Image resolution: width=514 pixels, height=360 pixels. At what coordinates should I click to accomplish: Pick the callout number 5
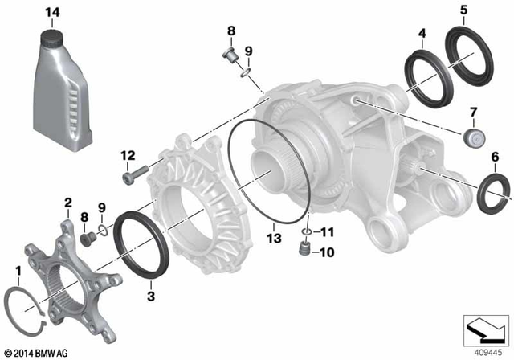(463, 10)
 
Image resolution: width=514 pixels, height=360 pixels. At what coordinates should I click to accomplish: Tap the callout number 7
(473, 111)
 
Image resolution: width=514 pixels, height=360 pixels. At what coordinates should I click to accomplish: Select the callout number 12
(127, 155)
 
